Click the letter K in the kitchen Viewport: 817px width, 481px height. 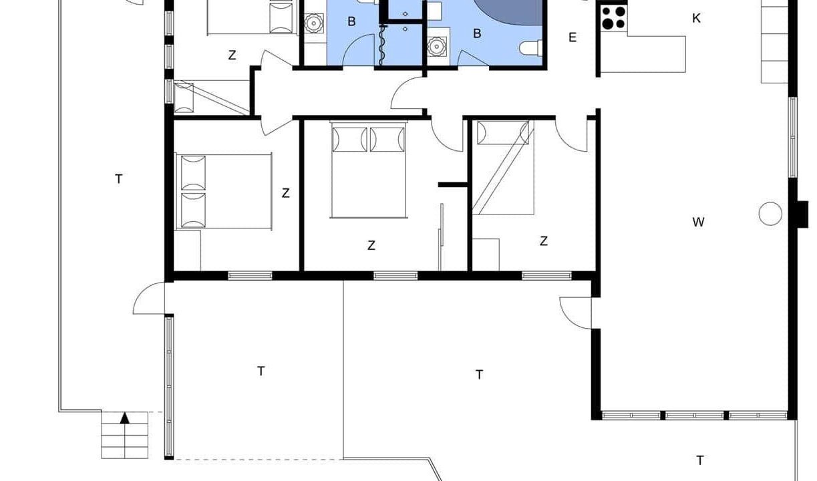[696, 18]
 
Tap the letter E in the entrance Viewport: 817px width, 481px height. [573, 37]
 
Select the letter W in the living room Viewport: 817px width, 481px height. [698, 222]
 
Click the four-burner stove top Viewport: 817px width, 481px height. [613, 18]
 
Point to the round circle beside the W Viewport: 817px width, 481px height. [770, 213]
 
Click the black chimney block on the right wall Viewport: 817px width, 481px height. [802, 214]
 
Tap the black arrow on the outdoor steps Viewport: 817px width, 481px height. [125, 418]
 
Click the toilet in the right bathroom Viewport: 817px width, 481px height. [531, 48]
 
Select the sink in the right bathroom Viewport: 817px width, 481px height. [437, 47]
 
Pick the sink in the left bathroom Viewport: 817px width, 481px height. [314, 23]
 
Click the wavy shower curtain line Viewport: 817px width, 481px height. [382, 45]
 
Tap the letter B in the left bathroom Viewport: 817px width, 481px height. [351, 21]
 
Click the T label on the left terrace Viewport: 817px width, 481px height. [118, 179]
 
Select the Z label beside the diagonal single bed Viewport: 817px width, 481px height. [544, 241]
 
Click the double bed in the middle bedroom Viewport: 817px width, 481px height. [368, 170]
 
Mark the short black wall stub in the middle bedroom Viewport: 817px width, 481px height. [453, 185]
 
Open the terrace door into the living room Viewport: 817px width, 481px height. [575, 313]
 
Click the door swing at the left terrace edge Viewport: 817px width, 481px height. [149, 298]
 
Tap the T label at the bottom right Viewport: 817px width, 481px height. [700, 460]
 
